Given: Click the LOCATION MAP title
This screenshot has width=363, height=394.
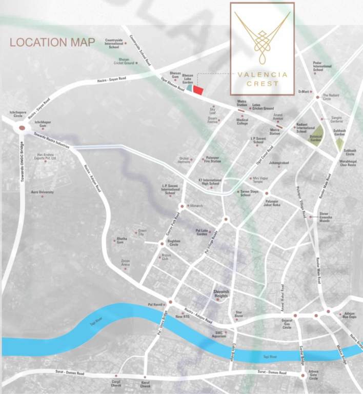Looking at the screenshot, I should (52, 42).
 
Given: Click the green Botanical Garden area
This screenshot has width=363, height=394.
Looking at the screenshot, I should (316, 134).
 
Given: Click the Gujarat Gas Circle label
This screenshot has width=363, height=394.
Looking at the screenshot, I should (287, 324).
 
